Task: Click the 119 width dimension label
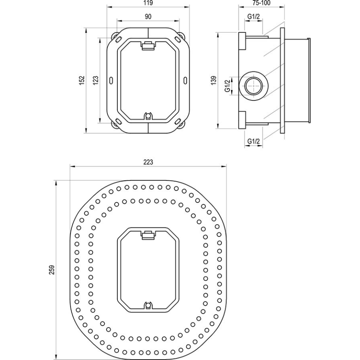coord(148,3)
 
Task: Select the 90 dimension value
coord(148,16)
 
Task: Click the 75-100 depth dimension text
coord(261,3)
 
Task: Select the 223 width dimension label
coord(148,163)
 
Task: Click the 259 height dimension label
coord(51,269)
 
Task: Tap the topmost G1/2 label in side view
coord(253,16)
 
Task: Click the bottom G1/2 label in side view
coord(253,141)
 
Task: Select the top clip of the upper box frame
coord(148,46)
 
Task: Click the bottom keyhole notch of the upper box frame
coord(148,116)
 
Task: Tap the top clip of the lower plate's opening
coord(148,235)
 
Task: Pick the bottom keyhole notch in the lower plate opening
coord(148,306)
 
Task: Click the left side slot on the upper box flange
coord(111,80)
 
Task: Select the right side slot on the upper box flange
coord(185,80)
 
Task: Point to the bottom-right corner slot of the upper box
coord(178,122)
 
